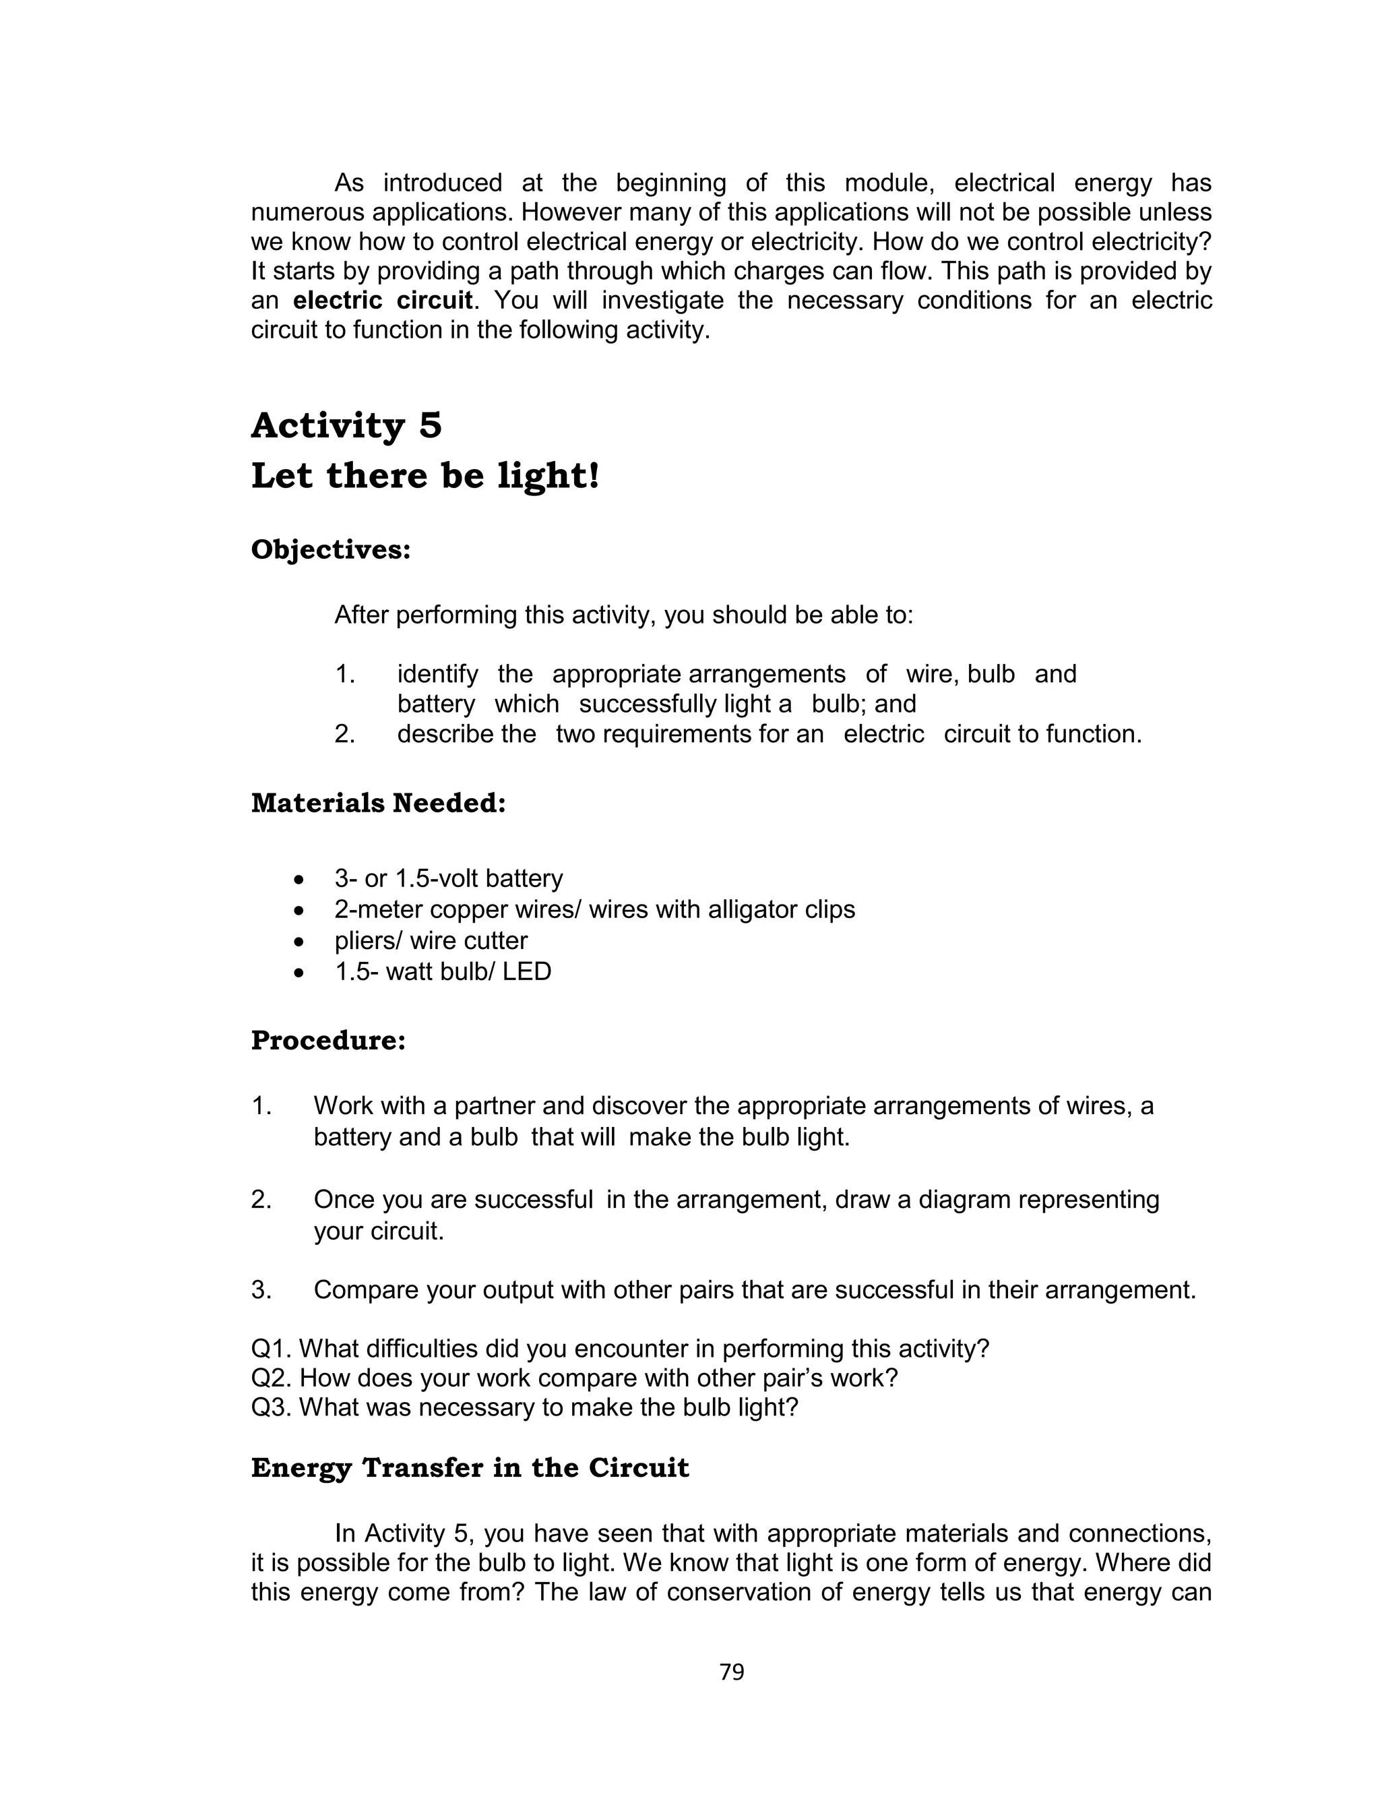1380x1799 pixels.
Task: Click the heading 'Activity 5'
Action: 346,425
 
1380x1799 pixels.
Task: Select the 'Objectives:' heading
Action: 330,549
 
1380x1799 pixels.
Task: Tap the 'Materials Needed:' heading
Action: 378,803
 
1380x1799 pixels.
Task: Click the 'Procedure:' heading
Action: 327,1040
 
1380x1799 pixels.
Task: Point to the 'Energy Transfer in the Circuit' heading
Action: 470,1467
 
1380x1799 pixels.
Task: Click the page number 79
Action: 731,1672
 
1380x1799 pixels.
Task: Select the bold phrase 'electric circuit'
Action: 382,301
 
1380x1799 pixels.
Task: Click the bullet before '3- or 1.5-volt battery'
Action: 300,880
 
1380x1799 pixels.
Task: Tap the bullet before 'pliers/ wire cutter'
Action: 300,942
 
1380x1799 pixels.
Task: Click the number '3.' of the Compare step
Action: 261,1291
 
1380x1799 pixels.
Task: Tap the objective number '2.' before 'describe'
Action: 344,733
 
